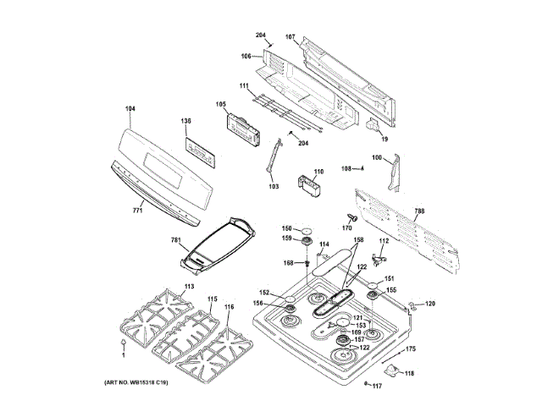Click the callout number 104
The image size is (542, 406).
tap(130, 108)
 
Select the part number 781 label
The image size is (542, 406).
tap(175, 240)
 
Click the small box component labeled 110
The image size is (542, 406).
tap(307, 186)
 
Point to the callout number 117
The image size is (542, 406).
tap(377, 387)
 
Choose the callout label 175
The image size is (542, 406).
tap(410, 349)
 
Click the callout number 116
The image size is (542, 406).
tap(229, 308)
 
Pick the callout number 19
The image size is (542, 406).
tap(384, 139)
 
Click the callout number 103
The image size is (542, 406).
tap(274, 186)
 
